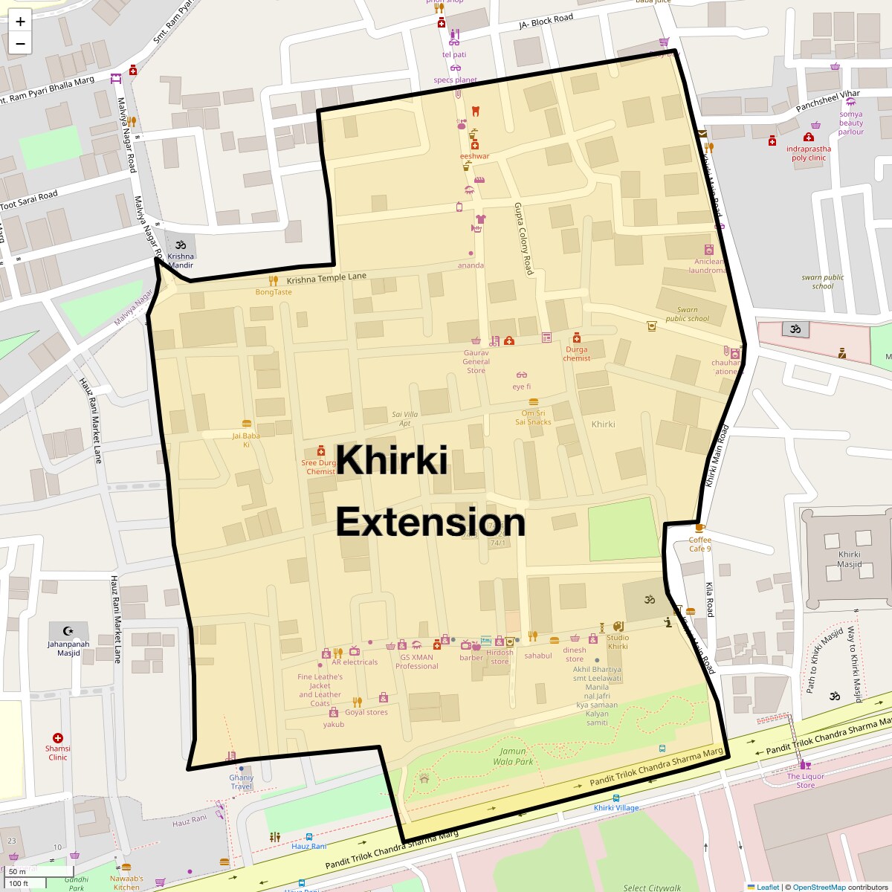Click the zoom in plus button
point(20,22)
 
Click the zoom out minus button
point(20,44)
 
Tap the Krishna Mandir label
point(181,261)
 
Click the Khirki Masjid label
point(850,559)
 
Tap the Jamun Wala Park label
point(514,757)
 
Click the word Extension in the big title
point(430,522)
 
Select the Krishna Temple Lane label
point(326,277)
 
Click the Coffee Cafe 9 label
point(699,544)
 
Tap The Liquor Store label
point(806,780)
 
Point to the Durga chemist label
point(576,354)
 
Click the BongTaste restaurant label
point(274,292)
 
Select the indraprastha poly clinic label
point(809,153)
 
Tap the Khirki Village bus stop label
point(616,808)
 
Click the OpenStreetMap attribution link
point(818,887)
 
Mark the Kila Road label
point(710,599)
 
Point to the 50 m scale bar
point(18,871)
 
